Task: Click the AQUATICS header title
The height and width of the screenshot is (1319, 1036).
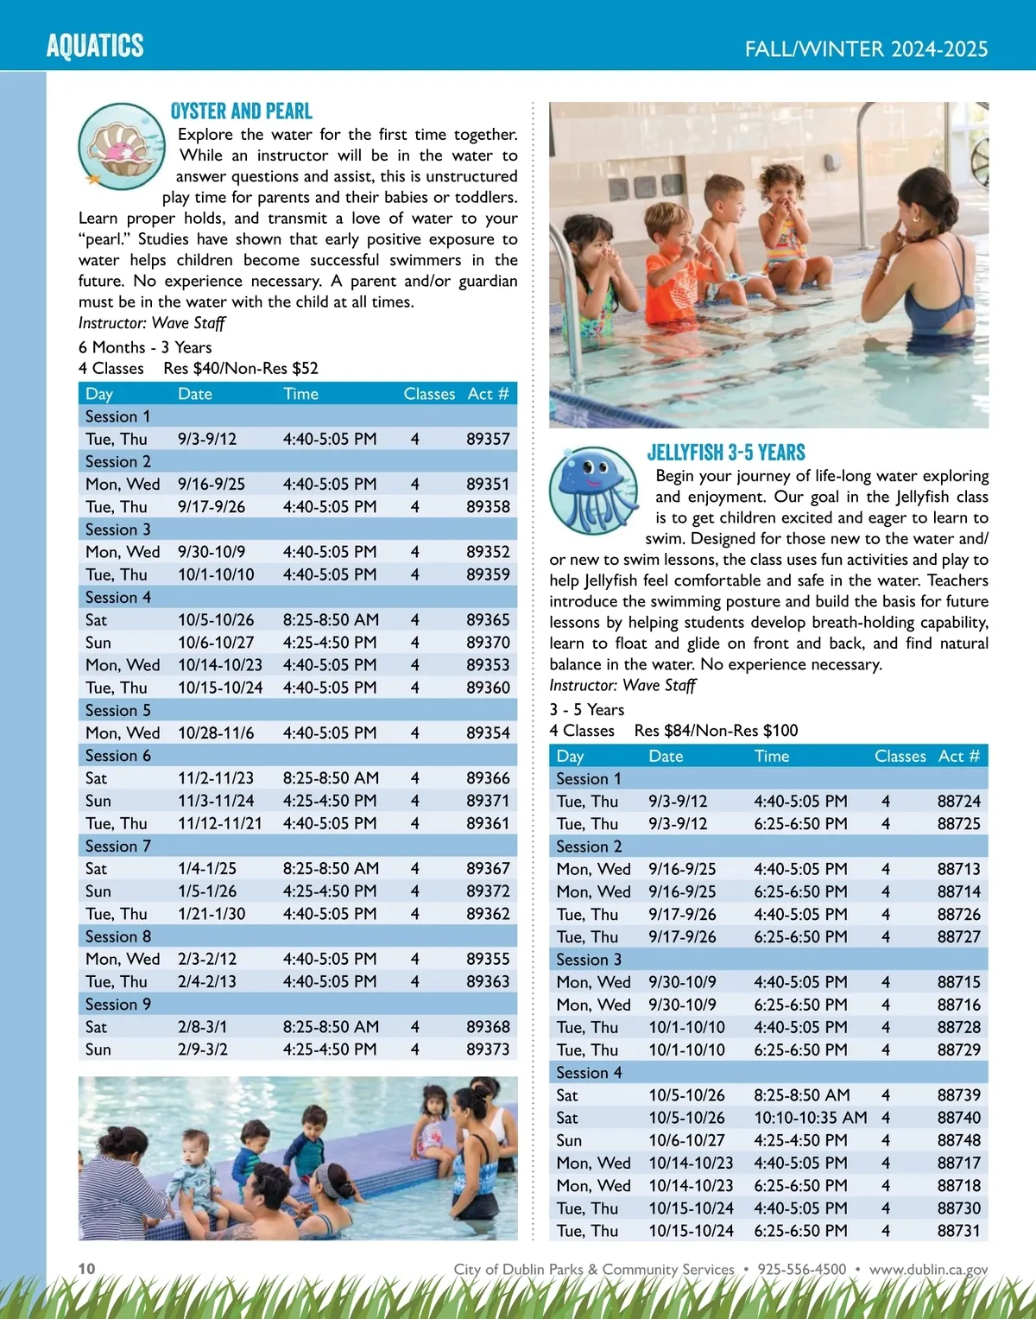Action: (x=95, y=46)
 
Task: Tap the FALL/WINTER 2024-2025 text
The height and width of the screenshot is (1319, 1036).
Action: (x=866, y=49)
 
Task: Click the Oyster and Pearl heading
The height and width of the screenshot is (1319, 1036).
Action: (x=242, y=111)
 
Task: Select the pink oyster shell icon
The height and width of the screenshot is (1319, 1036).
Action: (x=122, y=146)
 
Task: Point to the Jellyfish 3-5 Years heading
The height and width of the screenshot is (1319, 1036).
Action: (x=726, y=453)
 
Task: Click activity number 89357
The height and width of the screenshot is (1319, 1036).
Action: (x=488, y=439)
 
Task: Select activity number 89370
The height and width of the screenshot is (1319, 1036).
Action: (x=488, y=643)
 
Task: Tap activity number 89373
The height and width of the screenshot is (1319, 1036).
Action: (x=488, y=1049)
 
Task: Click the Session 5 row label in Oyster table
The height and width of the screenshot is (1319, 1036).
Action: (x=118, y=710)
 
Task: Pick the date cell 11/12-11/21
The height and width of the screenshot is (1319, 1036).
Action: (x=220, y=823)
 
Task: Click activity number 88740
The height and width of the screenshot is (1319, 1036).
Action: (x=958, y=1118)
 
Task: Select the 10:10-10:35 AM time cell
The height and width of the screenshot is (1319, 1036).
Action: (x=810, y=1118)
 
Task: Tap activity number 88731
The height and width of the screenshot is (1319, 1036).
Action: (x=958, y=1231)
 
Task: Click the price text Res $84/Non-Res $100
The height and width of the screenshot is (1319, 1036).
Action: (x=716, y=731)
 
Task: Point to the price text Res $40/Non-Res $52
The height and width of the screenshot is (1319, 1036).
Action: (x=241, y=369)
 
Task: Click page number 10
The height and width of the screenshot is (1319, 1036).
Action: (x=87, y=1269)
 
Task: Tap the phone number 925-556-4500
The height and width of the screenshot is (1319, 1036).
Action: (x=801, y=1270)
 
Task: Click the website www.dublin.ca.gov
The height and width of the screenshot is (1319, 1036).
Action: (x=928, y=1270)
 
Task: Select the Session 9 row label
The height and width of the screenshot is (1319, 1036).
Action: (x=118, y=1005)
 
